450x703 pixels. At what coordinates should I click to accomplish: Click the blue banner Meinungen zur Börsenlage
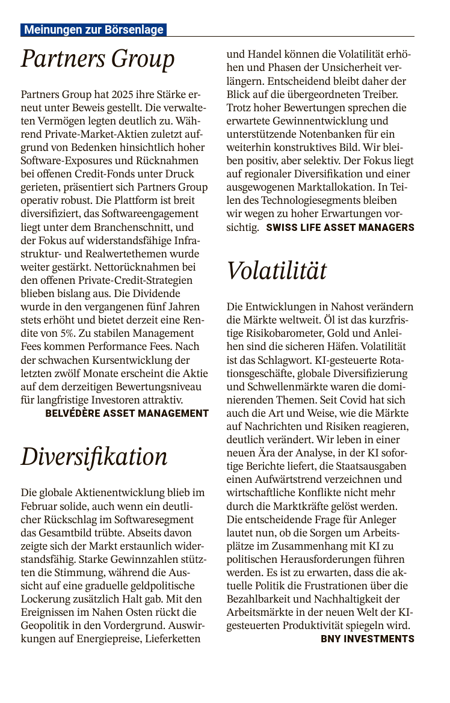tap(93, 29)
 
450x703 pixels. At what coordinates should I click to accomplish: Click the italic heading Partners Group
tap(97, 60)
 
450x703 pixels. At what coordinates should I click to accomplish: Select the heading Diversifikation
tap(94, 456)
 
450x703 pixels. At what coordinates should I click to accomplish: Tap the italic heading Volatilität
tap(277, 271)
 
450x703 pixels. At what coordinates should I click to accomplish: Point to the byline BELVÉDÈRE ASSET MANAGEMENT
tap(127, 413)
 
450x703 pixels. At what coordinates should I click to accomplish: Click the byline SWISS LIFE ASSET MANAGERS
tap(340, 227)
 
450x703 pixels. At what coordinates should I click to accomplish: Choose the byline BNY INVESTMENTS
tap(367, 639)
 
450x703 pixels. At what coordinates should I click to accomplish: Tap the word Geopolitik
tap(49, 625)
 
